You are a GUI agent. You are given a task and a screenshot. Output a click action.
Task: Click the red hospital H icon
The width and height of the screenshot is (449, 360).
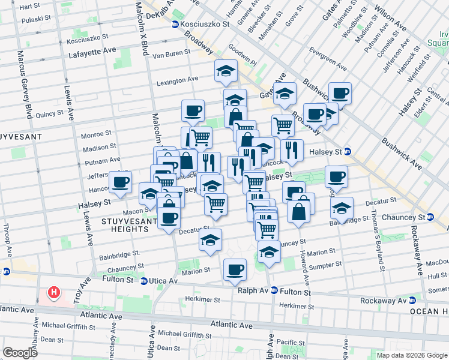click(54, 293)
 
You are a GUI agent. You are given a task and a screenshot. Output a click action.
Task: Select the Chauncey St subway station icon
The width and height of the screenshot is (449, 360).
click(430, 217)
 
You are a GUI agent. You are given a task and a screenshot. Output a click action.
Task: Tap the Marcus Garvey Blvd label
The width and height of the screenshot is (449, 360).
click(28, 85)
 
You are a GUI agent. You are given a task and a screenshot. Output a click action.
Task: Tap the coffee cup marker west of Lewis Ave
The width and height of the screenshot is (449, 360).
click(120, 182)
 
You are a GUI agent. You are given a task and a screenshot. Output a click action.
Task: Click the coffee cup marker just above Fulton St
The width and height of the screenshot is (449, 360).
click(235, 269)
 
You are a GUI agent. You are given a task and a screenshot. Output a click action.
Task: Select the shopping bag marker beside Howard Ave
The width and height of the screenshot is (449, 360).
click(298, 211)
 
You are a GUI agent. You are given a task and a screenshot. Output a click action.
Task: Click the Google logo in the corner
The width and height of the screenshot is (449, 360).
click(20, 352)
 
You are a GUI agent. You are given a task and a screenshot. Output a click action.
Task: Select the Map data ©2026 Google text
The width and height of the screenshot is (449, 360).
click(411, 355)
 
